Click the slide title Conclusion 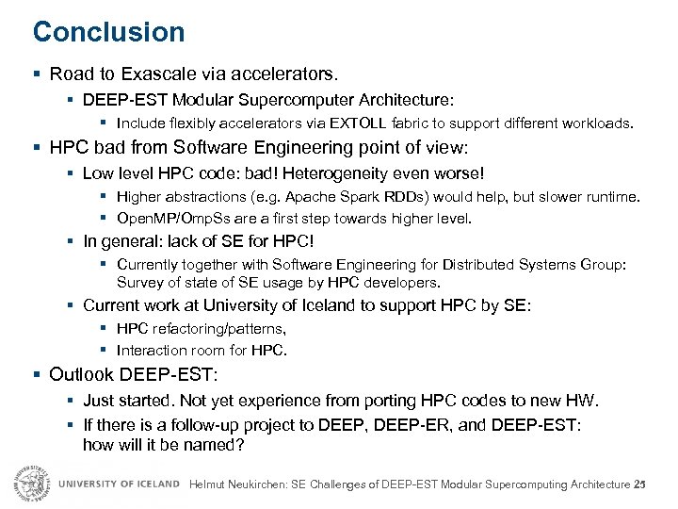click(x=108, y=32)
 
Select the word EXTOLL click(x=358, y=123)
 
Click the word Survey click(x=138, y=282)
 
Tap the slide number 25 click(x=641, y=484)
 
